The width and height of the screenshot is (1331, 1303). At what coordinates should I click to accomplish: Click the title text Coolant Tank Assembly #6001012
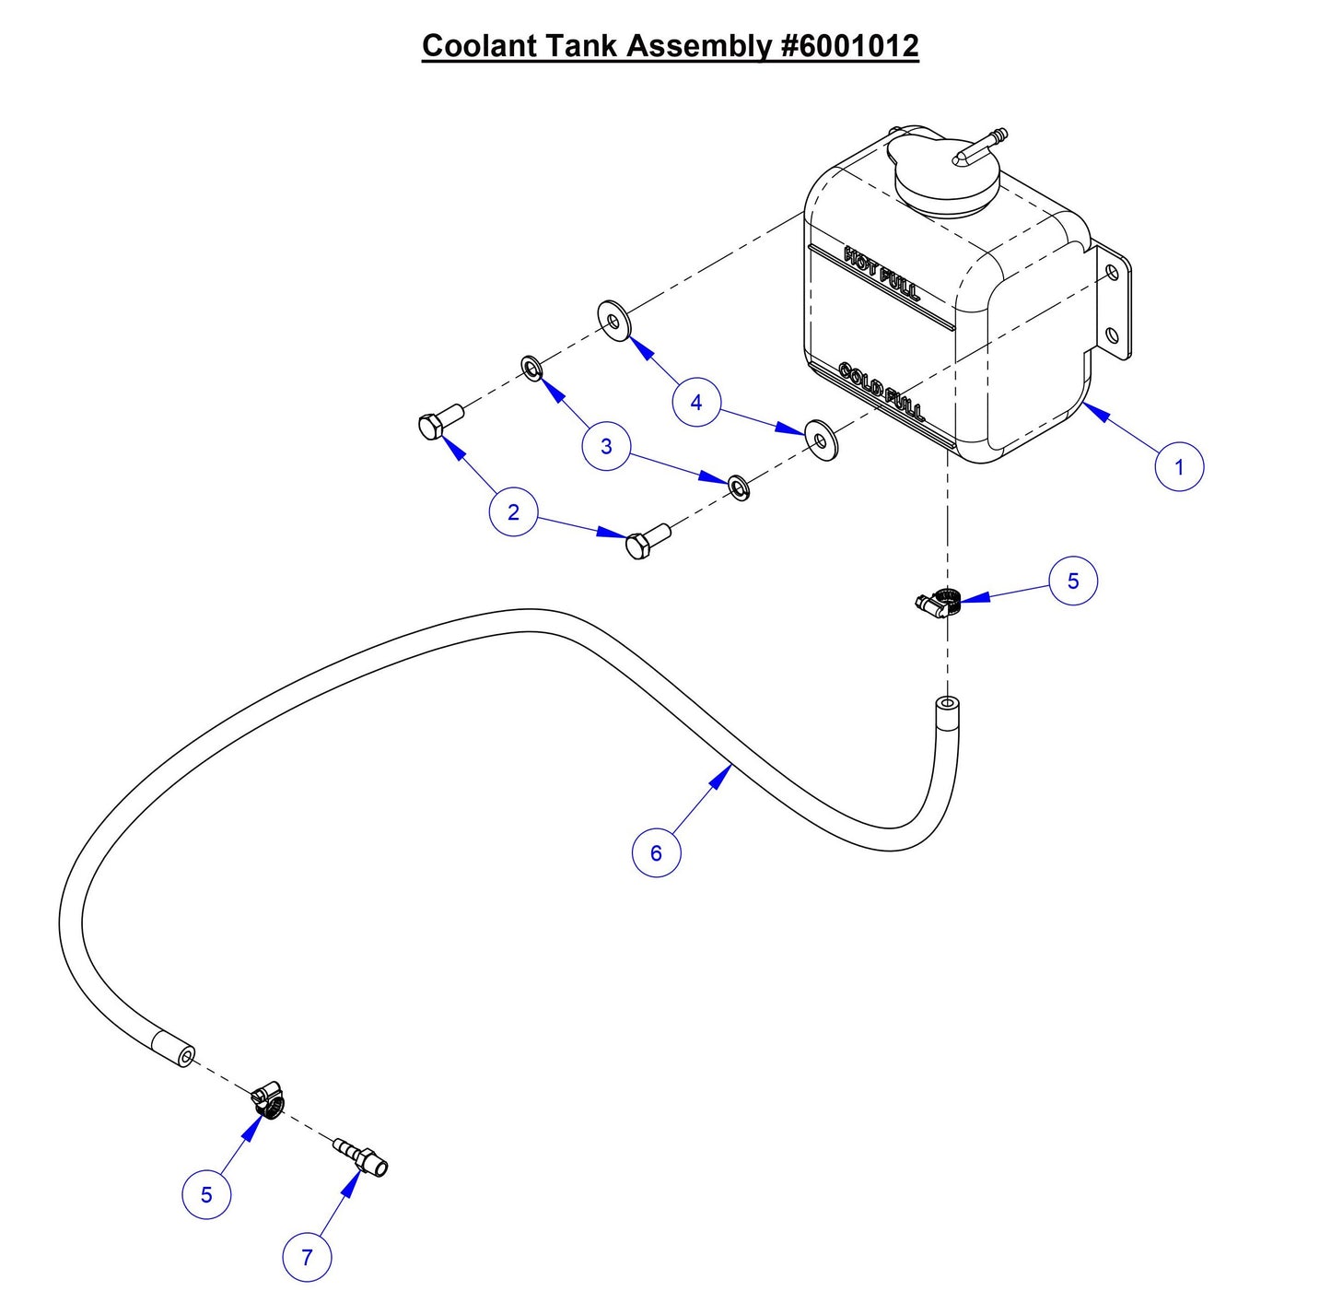pyautogui.click(x=670, y=45)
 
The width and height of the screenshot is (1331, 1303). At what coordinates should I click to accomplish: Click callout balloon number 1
pyautogui.click(x=1178, y=467)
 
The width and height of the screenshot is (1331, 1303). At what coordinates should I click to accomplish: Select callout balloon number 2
pyautogui.click(x=513, y=512)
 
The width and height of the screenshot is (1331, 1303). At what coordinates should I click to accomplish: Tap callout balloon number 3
pyautogui.click(x=606, y=447)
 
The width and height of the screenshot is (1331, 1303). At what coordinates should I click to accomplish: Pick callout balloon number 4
pyautogui.click(x=695, y=403)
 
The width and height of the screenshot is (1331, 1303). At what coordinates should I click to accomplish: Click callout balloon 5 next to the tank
pyautogui.click(x=1072, y=581)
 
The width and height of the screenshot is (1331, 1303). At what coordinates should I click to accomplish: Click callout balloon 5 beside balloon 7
pyautogui.click(x=206, y=1195)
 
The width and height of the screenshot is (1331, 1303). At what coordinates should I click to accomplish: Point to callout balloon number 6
pyautogui.click(x=656, y=853)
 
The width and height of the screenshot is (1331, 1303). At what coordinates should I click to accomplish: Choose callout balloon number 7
pyautogui.click(x=307, y=1257)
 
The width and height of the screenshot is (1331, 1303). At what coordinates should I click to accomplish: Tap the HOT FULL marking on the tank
pyautogui.click(x=881, y=272)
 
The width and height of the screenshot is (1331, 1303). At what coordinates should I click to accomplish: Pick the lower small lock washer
pyautogui.click(x=739, y=487)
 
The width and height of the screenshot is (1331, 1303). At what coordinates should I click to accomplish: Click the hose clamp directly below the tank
pyautogui.click(x=940, y=602)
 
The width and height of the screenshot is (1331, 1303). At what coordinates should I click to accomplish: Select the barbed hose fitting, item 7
pyautogui.click(x=361, y=1156)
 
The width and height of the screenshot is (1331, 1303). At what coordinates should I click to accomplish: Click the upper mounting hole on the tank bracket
pyautogui.click(x=1112, y=273)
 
